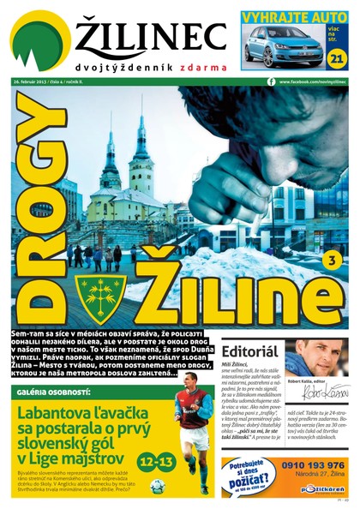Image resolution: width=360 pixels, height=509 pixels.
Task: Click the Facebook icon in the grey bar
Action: point(272,81)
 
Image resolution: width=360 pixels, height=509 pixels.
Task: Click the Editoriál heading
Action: point(249,352)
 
